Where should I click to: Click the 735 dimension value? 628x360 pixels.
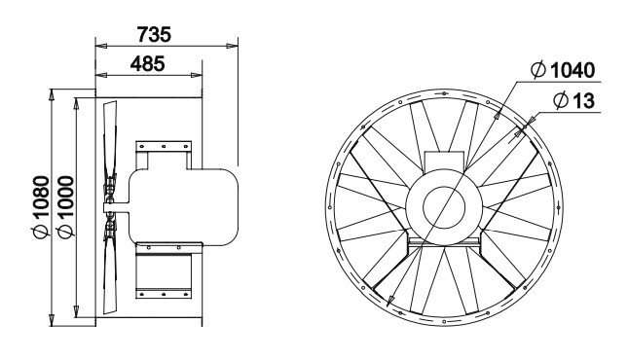click(154, 34)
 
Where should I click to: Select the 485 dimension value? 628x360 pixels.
click(147, 63)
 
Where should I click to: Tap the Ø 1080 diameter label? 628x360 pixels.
click(41, 206)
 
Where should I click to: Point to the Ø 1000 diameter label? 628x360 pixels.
click(65, 206)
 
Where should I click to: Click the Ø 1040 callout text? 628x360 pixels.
click(563, 70)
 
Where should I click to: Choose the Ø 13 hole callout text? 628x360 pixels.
click(573, 100)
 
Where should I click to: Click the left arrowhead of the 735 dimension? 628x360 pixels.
click(101, 46)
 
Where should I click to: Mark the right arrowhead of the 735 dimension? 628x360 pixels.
click(233, 46)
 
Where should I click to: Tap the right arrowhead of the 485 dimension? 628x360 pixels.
click(197, 75)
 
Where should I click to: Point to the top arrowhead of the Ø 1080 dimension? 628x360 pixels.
click(52, 95)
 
